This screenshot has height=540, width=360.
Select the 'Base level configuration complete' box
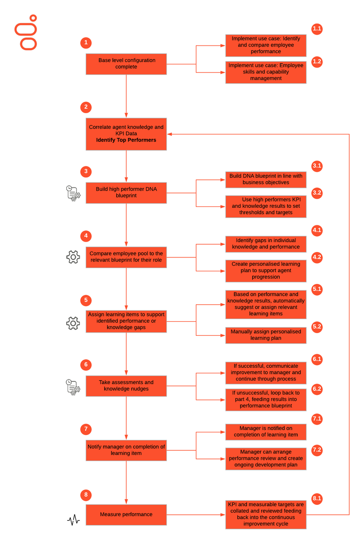point(126,64)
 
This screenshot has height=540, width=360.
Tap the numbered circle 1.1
point(317,29)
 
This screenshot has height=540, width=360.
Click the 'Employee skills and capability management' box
point(266,72)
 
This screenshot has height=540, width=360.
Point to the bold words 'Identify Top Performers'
point(126,140)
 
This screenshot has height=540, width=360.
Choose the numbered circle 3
point(86,171)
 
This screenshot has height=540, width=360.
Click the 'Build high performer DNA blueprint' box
point(126,192)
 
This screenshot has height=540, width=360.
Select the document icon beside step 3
point(73,193)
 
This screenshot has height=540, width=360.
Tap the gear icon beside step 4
point(73,257)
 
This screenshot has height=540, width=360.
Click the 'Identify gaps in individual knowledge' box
point(266,244)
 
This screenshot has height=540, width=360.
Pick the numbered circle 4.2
point(317,257)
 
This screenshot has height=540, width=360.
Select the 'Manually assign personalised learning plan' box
point(266,335)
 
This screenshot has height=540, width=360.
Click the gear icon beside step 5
point(73,323)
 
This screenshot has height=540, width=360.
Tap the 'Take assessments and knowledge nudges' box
point(126,386)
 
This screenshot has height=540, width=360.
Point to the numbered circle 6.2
point(317,389)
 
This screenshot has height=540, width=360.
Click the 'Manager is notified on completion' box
point(266,432)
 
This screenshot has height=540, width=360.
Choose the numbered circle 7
point(86,429)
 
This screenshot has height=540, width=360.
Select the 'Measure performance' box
point(126,514)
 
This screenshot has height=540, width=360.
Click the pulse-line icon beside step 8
point(74,520)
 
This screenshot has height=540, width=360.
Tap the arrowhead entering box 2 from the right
point(170,134)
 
